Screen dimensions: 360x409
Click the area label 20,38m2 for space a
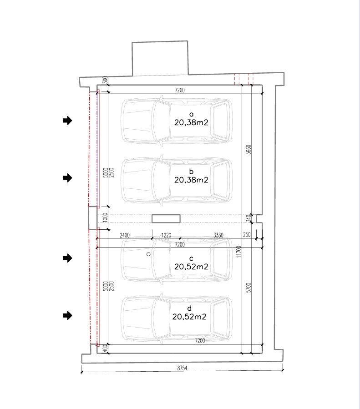(x=191, y=122)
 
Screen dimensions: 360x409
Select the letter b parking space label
(x=191, y=172)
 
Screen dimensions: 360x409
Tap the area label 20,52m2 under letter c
(x=191, y=267)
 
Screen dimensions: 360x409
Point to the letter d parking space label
(x=189, y=308)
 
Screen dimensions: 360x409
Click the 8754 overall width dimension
(x=183, y=368)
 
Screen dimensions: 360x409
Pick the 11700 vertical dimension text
(x=238, y=252)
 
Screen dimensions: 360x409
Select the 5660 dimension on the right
(x=248, y=150)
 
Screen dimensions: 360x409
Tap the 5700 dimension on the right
(x=248, y=288)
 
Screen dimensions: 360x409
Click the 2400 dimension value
(x=125, y=235)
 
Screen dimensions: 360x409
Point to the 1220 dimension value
(x=166, y=235)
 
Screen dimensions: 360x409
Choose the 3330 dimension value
(x=218, y=235)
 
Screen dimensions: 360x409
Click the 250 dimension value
(x=247, y=234)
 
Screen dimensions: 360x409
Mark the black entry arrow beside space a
(x=67, y=121)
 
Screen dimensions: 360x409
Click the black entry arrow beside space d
(x=67, y=315)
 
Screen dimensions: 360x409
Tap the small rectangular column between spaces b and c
(x=166, y=218)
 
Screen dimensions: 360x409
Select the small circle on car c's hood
(x=148, y=254)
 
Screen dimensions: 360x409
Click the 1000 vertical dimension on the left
(x=105, y=217)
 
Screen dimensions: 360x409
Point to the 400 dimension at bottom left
(x=105, y=348)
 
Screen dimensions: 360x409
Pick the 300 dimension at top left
(x=105, y=80)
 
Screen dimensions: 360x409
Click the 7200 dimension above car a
(x=180, y=90)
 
